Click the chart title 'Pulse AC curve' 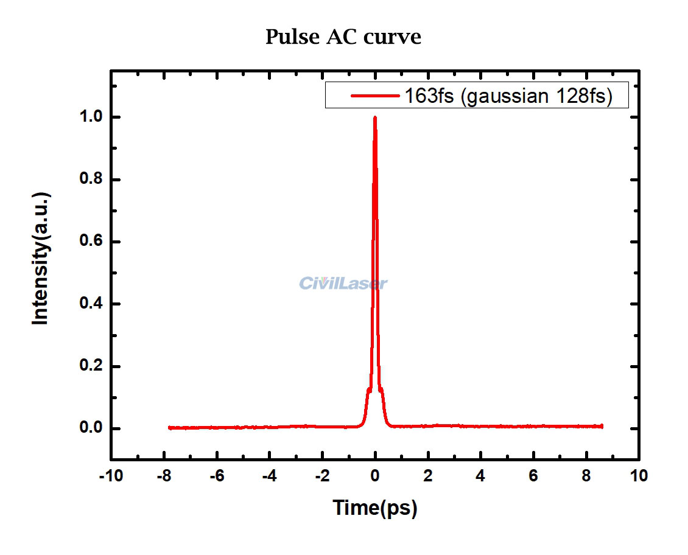pyautogui.click(x=343, y=37)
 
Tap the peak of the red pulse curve pyautogui.click(x=374, y=117)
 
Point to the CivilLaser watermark pyautogui.click(x=343, y=283)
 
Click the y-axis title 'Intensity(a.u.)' pyautogui.click(x=41, y=259)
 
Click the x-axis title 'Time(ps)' pyautogui.click(x=374, y=507)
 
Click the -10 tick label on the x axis pyautogui.click(x=110, y=475)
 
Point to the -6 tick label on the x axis pyautogui.click(x=216, y=475)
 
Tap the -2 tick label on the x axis pyautogui.click(x=321, y=475)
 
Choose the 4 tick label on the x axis pyautogui.click(x=481, y=475)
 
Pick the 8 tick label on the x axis pyautogui.click(x=586, y=475)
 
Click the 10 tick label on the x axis pyautogui.click(x=639, y=475)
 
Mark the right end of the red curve pyautogui.click(x=602, y=427)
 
